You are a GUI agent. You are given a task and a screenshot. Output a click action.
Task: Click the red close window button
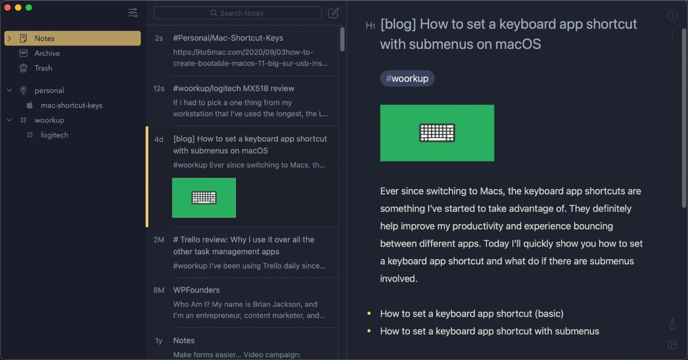[x=7, y=8]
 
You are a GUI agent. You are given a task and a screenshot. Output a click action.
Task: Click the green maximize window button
[x=29, y=8]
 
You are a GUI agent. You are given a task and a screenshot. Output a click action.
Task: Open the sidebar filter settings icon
[x=133, y=12]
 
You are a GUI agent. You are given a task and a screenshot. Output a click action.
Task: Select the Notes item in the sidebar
[x=44, y=38]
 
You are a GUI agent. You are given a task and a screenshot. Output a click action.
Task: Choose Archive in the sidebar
[x=47, y=53]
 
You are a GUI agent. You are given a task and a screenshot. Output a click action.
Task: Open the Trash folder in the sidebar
[x=43, y=68]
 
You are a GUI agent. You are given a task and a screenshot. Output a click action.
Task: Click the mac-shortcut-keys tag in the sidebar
[x=72, y=105]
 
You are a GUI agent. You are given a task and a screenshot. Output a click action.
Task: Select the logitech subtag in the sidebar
[x=55, y=135]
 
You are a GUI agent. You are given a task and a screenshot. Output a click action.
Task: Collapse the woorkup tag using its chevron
[x=9, y=120]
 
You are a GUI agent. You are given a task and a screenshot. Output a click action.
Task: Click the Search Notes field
[x=237, y=13]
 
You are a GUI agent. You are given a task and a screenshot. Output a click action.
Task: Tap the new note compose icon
[x=333, y=13]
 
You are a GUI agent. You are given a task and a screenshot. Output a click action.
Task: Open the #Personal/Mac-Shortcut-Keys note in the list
[x=228, y=38]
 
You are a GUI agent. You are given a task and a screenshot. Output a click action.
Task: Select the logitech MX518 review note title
[x=234, y=88]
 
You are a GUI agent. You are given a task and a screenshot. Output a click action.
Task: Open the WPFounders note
[x=196, y=290]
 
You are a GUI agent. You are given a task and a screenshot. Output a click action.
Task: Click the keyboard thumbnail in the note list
[x=204, y=198]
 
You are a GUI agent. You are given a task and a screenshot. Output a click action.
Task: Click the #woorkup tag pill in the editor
[x=407, y=79]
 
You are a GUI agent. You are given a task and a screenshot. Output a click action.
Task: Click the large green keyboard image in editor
[x=437, y=133]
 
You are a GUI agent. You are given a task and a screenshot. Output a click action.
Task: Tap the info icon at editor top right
[x=672, y=16]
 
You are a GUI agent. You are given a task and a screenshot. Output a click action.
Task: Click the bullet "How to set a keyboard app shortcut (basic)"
[x=472, y=313]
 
